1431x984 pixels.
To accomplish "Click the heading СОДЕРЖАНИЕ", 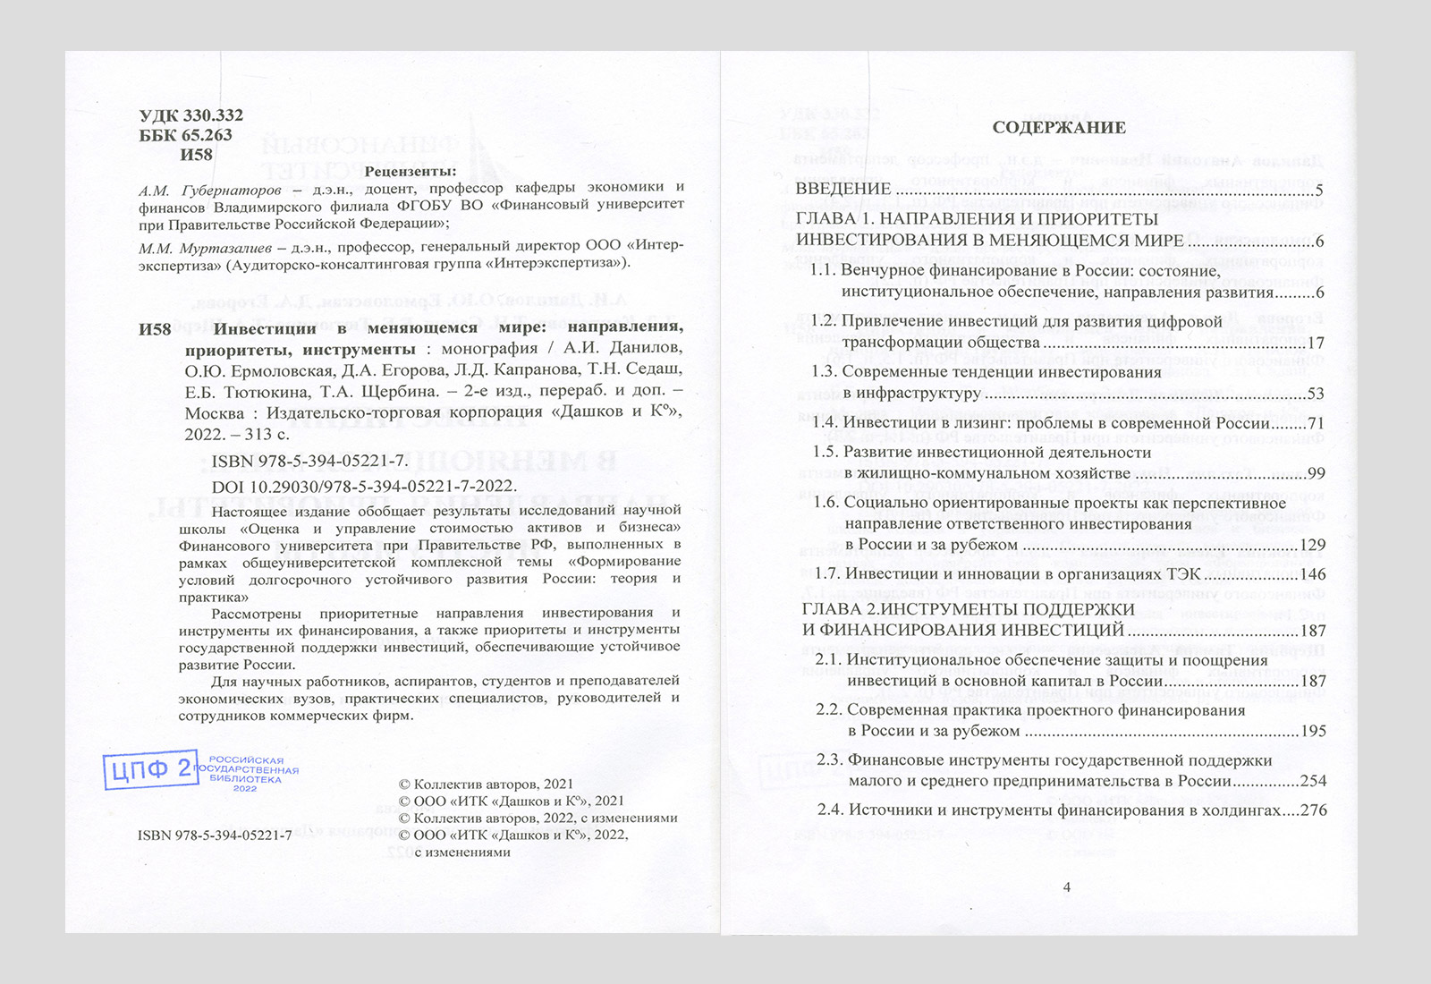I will [1058, 128].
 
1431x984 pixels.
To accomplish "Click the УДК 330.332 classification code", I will [191, 115].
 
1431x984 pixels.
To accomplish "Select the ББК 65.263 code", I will [186, 135].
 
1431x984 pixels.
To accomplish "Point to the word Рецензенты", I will [411, 171].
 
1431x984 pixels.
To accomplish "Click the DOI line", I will [363, 486].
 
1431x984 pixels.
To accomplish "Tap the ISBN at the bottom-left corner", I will [215, 835].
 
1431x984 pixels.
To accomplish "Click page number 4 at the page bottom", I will [1066, 887].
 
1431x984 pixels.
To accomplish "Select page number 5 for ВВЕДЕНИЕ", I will [1319, 190].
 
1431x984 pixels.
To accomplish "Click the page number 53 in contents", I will [1316, 394].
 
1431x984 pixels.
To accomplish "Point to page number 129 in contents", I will [1313, 545].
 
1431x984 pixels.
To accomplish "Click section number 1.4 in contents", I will [824, 423].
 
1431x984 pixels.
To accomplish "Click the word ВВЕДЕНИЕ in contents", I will [843, 190].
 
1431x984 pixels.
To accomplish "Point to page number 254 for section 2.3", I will [1313, 781].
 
